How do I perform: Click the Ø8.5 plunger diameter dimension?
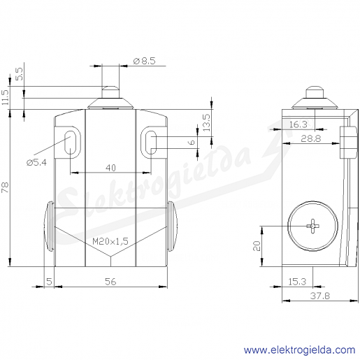point(144,61)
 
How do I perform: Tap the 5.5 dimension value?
point(20,74)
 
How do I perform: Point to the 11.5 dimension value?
point(5,97)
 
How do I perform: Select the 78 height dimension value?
point(5,187)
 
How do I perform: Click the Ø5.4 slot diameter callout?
point(36,162)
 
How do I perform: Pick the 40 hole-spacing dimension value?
point(110,168)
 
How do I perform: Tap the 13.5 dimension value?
point(206,122)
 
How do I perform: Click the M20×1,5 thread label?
point(110,241)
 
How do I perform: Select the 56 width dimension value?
point(110,282)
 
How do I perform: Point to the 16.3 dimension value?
point(298,124)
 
